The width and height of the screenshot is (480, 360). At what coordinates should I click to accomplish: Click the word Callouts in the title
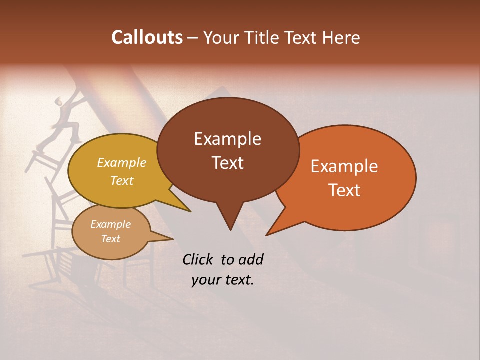(147, 37)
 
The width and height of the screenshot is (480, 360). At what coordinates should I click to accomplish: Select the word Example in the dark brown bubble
(227, 139)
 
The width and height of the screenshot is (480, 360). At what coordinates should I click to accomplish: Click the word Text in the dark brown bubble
(227, 162)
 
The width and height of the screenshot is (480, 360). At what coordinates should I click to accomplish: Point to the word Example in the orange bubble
(344, 166)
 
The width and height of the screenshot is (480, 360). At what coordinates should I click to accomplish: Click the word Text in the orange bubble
(344, 190)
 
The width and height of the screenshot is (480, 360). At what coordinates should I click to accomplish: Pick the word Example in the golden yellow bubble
(122, 162)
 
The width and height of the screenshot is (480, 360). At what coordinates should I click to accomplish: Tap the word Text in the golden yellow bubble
(122, 180)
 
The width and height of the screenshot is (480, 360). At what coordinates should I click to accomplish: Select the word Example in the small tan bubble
(110, 224)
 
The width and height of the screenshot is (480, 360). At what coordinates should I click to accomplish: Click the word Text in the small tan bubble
(110, 239)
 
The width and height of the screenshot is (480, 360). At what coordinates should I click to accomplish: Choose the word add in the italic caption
(251, 259)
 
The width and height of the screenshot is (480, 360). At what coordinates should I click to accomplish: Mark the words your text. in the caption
(223, 280)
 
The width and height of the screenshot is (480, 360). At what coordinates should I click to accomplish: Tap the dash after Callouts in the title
(193, 37)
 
